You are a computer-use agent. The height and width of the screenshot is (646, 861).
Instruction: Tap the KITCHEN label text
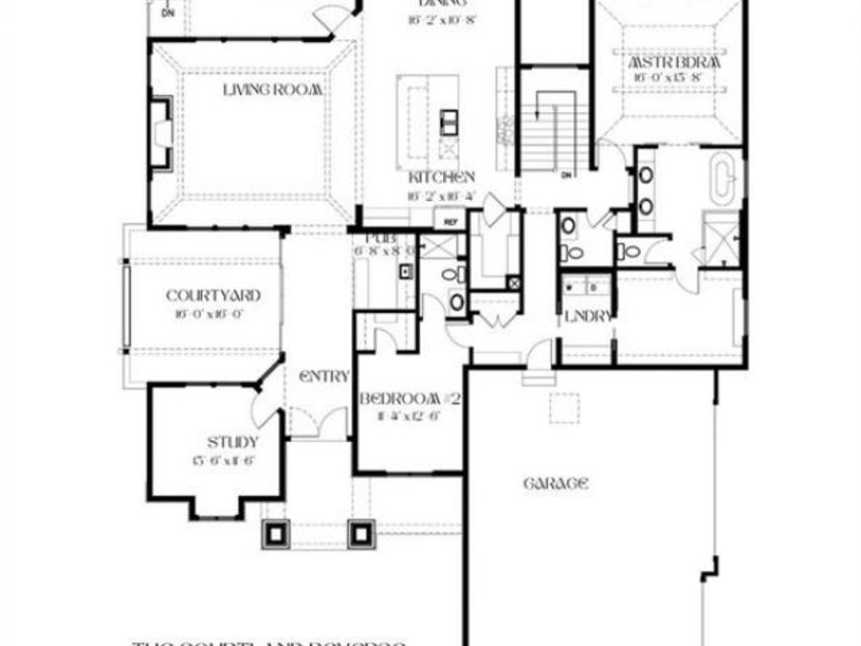tap(442, 178)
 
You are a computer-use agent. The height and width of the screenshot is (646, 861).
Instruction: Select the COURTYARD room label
tap(212, 296)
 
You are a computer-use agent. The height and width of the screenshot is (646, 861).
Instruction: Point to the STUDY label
tap(232, 442)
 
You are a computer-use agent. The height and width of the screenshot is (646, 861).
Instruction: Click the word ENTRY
tap(324, 377)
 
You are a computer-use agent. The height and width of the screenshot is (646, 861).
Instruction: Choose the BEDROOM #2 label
tap(410, 399)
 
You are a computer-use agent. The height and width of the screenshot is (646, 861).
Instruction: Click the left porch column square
tap(278, 532)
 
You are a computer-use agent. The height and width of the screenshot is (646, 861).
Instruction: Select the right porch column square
tap(361, 532)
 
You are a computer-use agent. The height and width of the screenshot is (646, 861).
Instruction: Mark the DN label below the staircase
tap(565, 175)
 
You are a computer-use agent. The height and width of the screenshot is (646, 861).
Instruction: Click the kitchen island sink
tap(449, 121)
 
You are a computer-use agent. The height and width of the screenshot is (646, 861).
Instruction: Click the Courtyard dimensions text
tap(212, 313)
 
